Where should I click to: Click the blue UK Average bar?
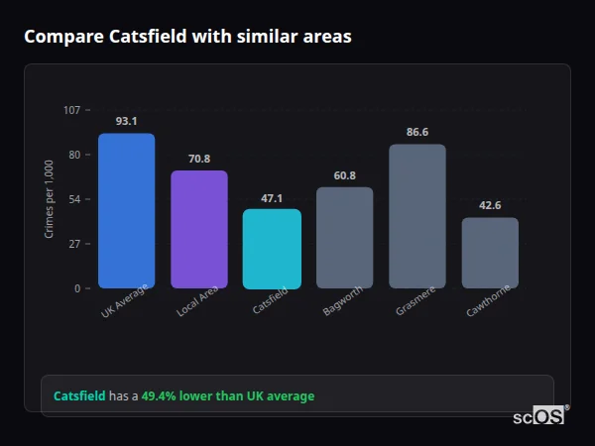[x=126, y=210]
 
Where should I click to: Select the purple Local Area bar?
[x=198, y=229]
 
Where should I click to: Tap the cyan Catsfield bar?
[x=271, y=249]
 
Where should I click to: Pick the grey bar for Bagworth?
[x=344, y=238]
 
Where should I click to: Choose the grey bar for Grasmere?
[x=416, y=216]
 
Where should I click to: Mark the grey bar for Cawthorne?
[x=490, y=253]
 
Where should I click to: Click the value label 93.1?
[x=126, y=121]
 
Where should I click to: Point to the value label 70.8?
[x=198, y=159]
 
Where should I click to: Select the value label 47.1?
[x=271, y=197]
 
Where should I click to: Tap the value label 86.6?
[x=416, y=132]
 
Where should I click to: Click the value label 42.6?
[x=490, y=205]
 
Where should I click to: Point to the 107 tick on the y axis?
[x=71, y=110]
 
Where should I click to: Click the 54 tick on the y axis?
[x=74, y=199]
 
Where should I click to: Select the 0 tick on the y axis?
[x=76, y=288]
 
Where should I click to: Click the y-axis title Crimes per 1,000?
[x=50, y=199]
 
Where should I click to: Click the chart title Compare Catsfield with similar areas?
[x=187, y=37]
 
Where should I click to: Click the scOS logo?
[x=539, y=416]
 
